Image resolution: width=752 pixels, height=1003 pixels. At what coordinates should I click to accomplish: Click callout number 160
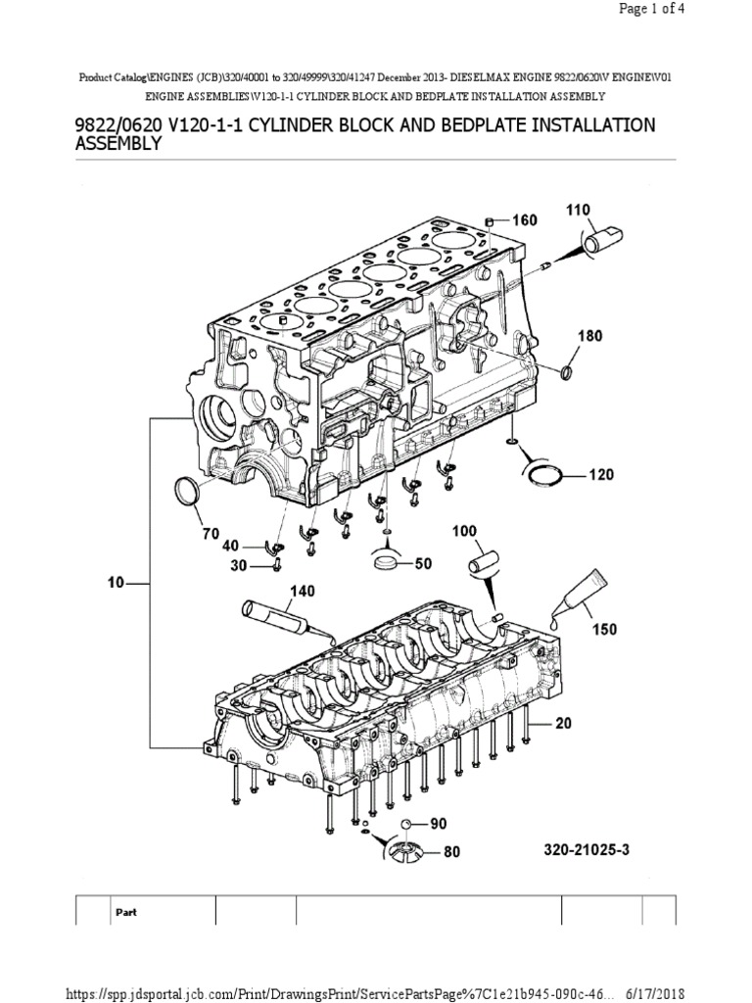point(524,220)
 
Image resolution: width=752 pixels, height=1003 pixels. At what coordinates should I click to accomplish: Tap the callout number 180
point(591,336)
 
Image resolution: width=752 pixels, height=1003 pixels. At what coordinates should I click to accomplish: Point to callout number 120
point(600,475)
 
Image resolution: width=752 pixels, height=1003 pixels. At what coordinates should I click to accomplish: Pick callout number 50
point(423,564)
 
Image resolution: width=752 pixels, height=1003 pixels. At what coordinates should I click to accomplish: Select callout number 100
point(463,531)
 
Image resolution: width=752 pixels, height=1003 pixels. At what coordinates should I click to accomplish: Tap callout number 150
point(604,629)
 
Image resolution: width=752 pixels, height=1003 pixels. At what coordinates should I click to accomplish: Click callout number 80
point(450,852)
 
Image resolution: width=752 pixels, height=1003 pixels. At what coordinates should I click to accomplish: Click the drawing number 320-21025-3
point(586,850)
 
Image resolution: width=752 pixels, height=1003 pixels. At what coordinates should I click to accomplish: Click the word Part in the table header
point(126,911)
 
